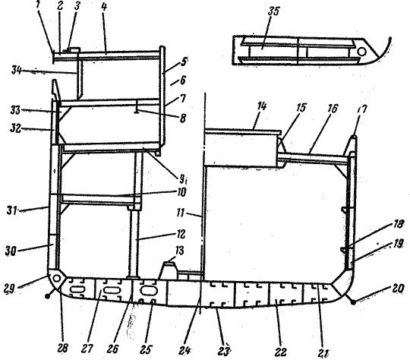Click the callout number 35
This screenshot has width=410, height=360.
tap(274, 11)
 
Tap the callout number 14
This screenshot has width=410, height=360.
tap(262, 106)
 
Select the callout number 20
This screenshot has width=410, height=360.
tap(397, 289)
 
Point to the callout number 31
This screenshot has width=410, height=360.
tap(11, 210)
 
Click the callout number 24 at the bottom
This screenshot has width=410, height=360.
tap(184, 350)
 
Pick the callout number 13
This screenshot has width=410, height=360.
tap(179, 251)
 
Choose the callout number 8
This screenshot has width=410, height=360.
tap(183, 118)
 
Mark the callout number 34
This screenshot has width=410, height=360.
tap(16, 70)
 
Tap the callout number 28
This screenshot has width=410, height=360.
tap(62, 348)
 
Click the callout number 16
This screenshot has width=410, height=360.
tap(333, 109)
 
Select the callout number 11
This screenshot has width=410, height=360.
tap(181, 213)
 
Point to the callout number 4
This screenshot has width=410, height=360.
tap(104, 7)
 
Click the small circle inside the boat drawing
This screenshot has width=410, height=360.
tap(361, 52)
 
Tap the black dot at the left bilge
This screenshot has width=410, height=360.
tap(47, 296)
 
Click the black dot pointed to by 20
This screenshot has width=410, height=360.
tap(353, 302)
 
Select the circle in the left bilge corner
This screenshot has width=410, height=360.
tap(56, 279)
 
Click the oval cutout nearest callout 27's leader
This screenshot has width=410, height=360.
tap(111, 290)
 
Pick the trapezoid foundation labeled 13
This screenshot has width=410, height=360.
tap(169, 270)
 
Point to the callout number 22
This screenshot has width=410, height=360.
tap(281, 352)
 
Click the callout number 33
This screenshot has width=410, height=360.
tap(15, 110)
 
